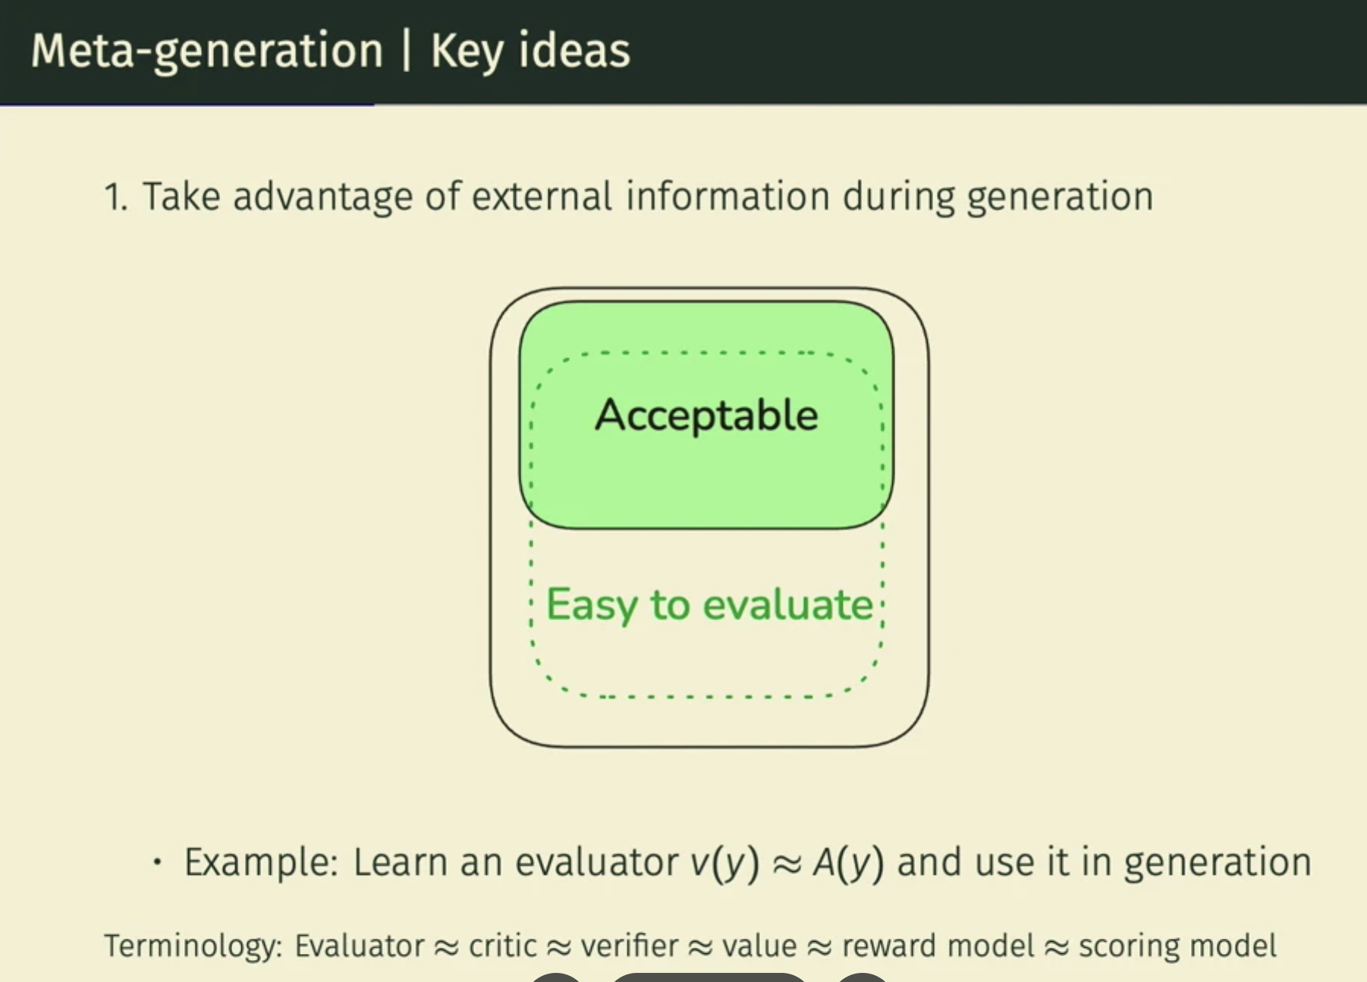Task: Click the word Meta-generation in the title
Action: pyautogui.click(x=207, y=52)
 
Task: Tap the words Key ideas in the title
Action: pyautogui.click(x=530, y=52)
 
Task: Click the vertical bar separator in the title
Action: pyautogui.click(x=407, y=51)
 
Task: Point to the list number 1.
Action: pyautogui.click(x=115, y=197)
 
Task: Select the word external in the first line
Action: pyautogui.click(x=542, y=197)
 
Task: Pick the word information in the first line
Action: pyautogui.click(x=728, y=197)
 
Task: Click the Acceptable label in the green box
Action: pyautogui.click(x=706, y=415)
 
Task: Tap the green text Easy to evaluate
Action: pyautogui.click(x=710, y=606)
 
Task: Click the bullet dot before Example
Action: pyautogui.click(x=157, y=862)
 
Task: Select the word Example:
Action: pyautogui.click(x=261, y=863)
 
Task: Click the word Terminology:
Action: pyautogui.click(x=193, y=946)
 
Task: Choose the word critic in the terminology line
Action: pyautogui.click(x=501, y=946)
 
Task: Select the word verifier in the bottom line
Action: pyautogui.click(x=629, y=946)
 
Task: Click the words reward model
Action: pyautogui.click(x=938, y=946)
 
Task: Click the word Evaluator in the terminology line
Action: pyautogui.click(x=359, y=946)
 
